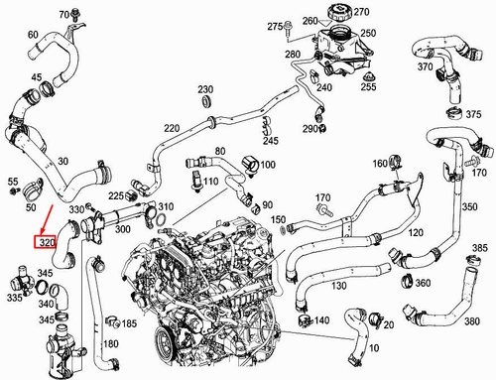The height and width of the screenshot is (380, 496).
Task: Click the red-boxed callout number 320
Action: pyautogui.click(x=46, y=241)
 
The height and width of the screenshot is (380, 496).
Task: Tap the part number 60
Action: pyautogui.click(x=33, y=35)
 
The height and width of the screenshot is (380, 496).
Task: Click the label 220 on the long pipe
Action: pyautogui.click(x=172, y=129)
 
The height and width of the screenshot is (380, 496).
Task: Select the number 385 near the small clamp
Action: pyautogui.click(x=479, y=247)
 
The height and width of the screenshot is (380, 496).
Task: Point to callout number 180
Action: pyautogui.click(x=110, y=343)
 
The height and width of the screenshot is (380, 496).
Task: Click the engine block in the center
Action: pyautogui.click(x=213, y=288)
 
